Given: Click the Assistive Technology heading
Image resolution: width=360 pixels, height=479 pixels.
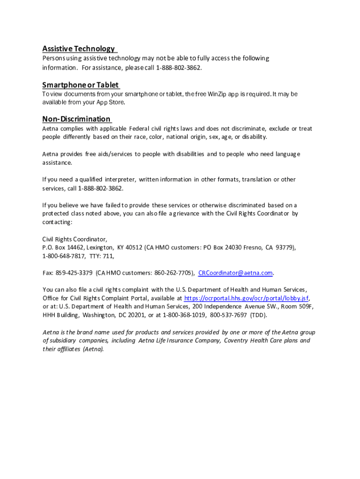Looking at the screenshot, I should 79,49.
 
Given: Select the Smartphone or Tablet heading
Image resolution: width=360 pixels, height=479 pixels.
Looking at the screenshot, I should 80,85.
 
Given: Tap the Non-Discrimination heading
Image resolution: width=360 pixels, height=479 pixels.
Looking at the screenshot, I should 77,119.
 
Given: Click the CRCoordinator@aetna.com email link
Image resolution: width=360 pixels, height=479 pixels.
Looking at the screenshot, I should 236,273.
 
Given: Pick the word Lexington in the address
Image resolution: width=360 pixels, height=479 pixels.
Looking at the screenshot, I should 100,247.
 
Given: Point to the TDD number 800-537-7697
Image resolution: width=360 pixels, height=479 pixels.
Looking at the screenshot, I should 229,315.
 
